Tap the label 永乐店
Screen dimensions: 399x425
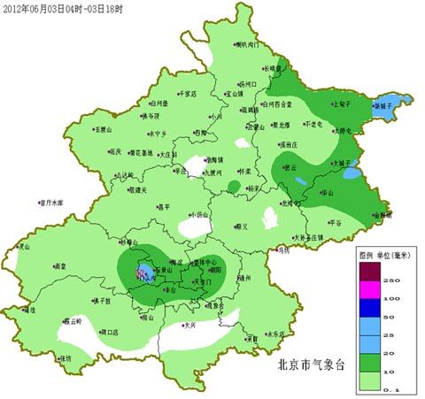[x=277, y=334]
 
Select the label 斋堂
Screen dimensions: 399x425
[x=60, y=265]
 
